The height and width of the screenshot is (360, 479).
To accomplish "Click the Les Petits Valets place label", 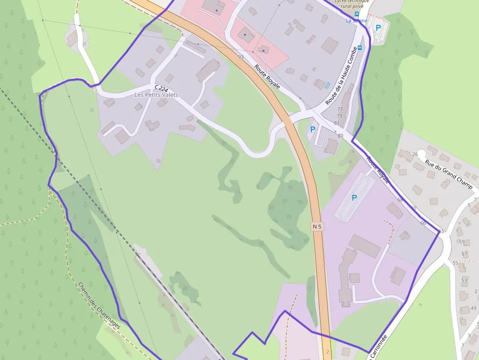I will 156,95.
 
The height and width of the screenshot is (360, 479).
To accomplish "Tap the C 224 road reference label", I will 161,88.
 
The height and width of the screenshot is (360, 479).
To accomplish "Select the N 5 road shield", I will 317,226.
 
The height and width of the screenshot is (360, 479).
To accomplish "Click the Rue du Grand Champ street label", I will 449,174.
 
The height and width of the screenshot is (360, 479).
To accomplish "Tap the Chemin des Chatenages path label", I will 99,305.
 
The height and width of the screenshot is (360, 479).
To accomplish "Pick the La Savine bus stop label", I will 355,21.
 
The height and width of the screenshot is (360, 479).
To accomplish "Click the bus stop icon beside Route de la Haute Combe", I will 360,47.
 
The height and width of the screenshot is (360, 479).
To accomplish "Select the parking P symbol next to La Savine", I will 378,28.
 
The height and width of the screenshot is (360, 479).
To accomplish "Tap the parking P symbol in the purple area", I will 354,198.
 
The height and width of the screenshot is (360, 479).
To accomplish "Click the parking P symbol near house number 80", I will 312,129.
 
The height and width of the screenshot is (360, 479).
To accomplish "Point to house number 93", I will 240,57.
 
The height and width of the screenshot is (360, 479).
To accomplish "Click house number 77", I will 340,109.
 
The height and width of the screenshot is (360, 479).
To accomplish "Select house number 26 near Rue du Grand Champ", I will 414,154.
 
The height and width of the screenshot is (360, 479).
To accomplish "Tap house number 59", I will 462,242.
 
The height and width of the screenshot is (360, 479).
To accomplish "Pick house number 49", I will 473,308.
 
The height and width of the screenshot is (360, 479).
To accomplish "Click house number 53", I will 464,281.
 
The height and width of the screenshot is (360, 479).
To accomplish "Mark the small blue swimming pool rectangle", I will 327,85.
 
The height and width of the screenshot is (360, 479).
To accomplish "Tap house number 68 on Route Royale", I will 400,200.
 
